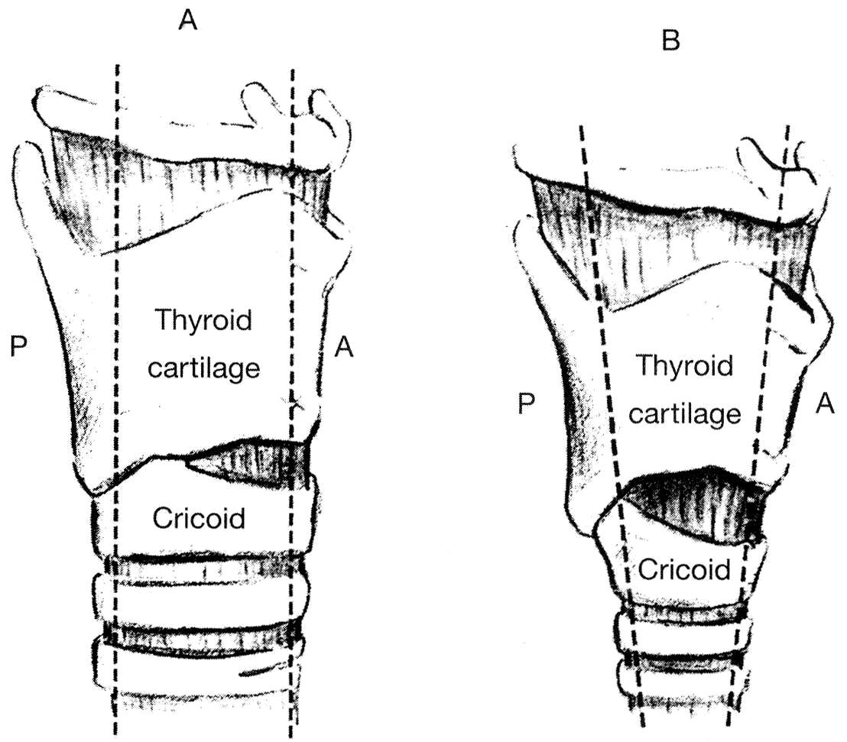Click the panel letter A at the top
tap(188, 21)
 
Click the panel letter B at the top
tap(670, 42)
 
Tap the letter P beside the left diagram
tap(20, 348)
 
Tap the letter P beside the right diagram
tap(525, 404)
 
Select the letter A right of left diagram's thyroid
tap(344, 348)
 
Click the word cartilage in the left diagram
tap(203, 368)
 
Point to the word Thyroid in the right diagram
tap(684, 367)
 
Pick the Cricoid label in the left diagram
tap(199, 519)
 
